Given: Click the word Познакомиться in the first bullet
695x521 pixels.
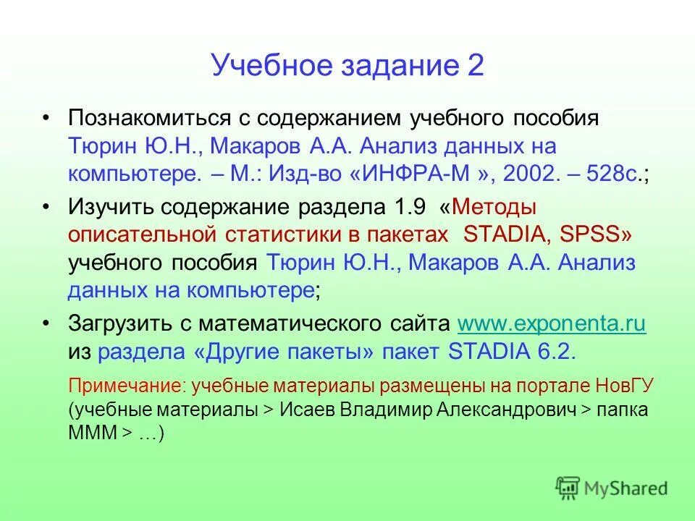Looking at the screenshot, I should [x=145, y=118].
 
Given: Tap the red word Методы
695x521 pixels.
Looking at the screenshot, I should [x=497, y=206].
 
